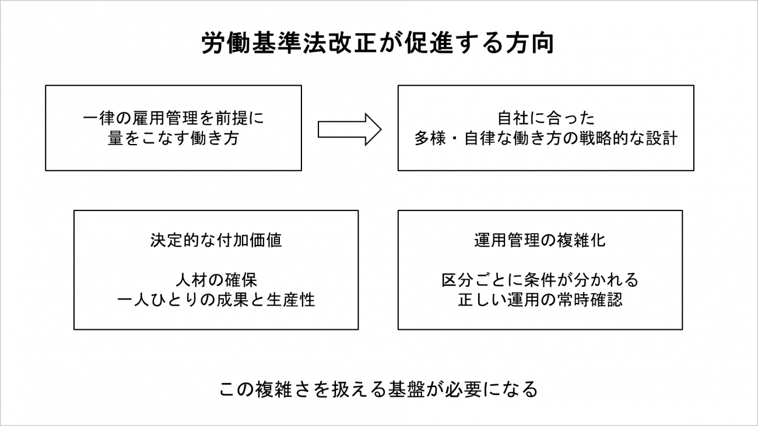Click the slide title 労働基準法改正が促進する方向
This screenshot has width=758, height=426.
[378, 43]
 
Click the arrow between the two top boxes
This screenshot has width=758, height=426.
[350, 129]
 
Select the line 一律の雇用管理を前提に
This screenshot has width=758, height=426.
[173, 118]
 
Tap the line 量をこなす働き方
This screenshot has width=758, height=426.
[173, 138]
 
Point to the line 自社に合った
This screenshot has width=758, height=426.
[546, 118]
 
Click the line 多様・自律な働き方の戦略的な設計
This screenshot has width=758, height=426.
[546, 138]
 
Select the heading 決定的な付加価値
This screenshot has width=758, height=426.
[216, 240]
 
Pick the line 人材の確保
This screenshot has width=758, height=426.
[216, 280]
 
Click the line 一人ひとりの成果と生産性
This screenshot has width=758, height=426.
[216, 300]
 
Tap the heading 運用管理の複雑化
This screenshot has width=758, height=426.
[540, 240]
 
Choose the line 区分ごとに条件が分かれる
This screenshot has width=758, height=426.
[540, 280]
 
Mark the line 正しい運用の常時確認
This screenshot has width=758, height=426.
[540, 300]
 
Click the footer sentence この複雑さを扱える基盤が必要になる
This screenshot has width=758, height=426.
[378, 389]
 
